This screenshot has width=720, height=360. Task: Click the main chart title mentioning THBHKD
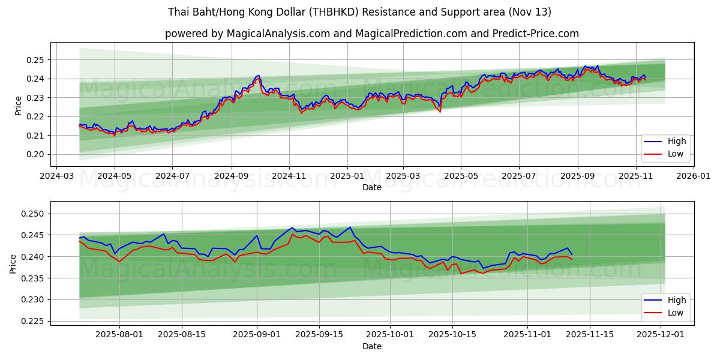(360, 12)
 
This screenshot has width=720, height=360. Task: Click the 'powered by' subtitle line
(372, 34)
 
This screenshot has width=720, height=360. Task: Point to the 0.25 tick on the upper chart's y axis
(37, 60)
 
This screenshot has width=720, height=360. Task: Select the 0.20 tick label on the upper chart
(37, 154)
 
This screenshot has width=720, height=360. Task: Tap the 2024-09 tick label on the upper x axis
(231, 176)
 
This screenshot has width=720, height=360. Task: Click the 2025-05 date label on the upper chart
(461, 176)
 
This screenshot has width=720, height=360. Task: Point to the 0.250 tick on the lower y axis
(34, 214)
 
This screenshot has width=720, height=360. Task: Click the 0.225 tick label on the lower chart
(34, 321)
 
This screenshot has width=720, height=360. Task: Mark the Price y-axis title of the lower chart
(13, 263)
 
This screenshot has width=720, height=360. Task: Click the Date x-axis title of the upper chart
(372, 187)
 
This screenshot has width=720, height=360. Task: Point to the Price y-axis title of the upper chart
(18, 105)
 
